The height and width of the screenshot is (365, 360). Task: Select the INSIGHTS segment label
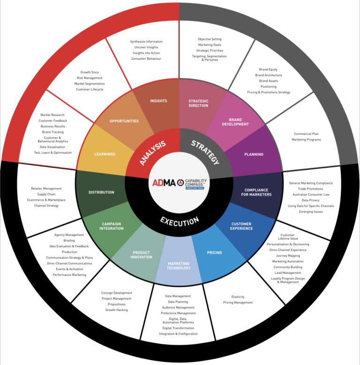tap(158, 101)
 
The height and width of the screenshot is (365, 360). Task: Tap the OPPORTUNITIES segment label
tap(124, 121)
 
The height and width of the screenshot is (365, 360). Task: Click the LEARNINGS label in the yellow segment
tap(105, 154)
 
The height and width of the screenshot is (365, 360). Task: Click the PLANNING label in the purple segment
tap(254, 154)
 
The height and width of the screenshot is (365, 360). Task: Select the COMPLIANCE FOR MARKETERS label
tap(256, 192)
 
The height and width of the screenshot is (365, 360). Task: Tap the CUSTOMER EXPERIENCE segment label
tap(241, 226)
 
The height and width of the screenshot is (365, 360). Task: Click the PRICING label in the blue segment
tap(214, 253)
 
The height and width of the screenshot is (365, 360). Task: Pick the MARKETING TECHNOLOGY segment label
tap(179, 266)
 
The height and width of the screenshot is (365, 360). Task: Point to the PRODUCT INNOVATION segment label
tap(142, 255)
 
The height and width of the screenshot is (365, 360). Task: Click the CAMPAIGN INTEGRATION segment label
tap(112, 226)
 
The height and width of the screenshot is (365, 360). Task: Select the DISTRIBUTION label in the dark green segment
tap(101, 192)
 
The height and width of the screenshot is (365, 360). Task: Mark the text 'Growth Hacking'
tap(116, 310)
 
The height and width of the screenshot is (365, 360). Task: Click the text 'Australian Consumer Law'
tap(311, 195)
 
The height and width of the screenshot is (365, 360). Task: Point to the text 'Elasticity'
tap(238, 297)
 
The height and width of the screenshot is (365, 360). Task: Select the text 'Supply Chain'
tap(46, 195)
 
